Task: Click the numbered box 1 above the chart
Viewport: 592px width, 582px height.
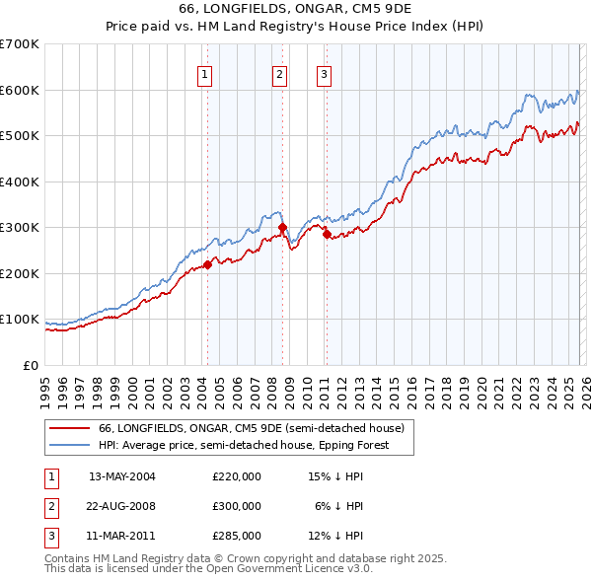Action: click(204, 74)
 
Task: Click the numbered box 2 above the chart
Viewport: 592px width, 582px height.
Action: click(280, 74)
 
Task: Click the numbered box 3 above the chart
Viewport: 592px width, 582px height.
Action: click(324, 74)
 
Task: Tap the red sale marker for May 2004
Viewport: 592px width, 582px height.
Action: click(207, 264)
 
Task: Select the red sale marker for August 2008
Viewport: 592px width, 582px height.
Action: click(282, 228)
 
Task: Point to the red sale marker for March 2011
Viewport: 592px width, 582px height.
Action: click(327, 235)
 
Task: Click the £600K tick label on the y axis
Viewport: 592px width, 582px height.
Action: click(20, 90)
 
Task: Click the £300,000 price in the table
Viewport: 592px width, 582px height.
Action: click(237, 506)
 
